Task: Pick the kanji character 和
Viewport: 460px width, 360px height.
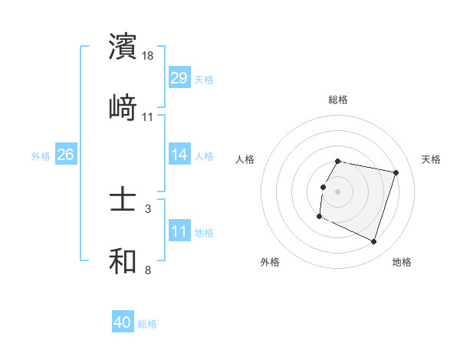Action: point(123,261)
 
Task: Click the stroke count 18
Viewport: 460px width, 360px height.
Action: point(149,56)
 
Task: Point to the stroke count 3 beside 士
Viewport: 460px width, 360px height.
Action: point(148,208)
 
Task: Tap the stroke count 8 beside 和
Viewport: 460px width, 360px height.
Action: point(148,270)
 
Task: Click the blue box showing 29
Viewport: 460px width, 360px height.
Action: point(179,78)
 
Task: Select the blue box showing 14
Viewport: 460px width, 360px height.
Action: point(179,155)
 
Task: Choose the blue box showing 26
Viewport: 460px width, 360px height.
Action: point(65,155)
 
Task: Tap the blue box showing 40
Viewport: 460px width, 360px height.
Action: point(123,323)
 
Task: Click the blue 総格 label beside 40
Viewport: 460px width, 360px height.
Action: point(147,324)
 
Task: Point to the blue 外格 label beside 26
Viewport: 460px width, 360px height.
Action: point(41,155)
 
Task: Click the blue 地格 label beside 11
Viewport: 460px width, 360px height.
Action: point(204,233)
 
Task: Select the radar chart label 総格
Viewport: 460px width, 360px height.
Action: point(337,100)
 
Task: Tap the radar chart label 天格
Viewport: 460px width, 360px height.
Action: point(432,159)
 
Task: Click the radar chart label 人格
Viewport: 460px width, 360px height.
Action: point(245,159)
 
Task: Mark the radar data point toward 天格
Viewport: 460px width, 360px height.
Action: point(396,173)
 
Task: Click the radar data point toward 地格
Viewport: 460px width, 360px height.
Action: point(373,241)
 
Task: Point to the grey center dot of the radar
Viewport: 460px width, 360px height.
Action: point(337,191)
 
